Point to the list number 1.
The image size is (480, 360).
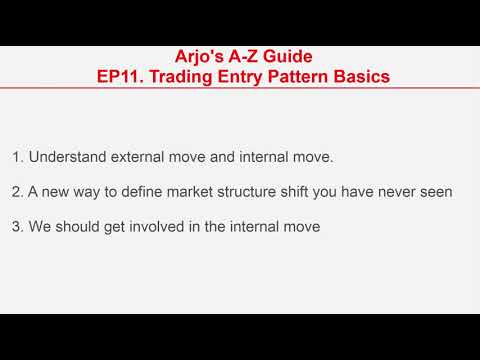[17, 157]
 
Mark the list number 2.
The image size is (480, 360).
[17, 192]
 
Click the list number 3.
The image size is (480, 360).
[17, 227]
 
